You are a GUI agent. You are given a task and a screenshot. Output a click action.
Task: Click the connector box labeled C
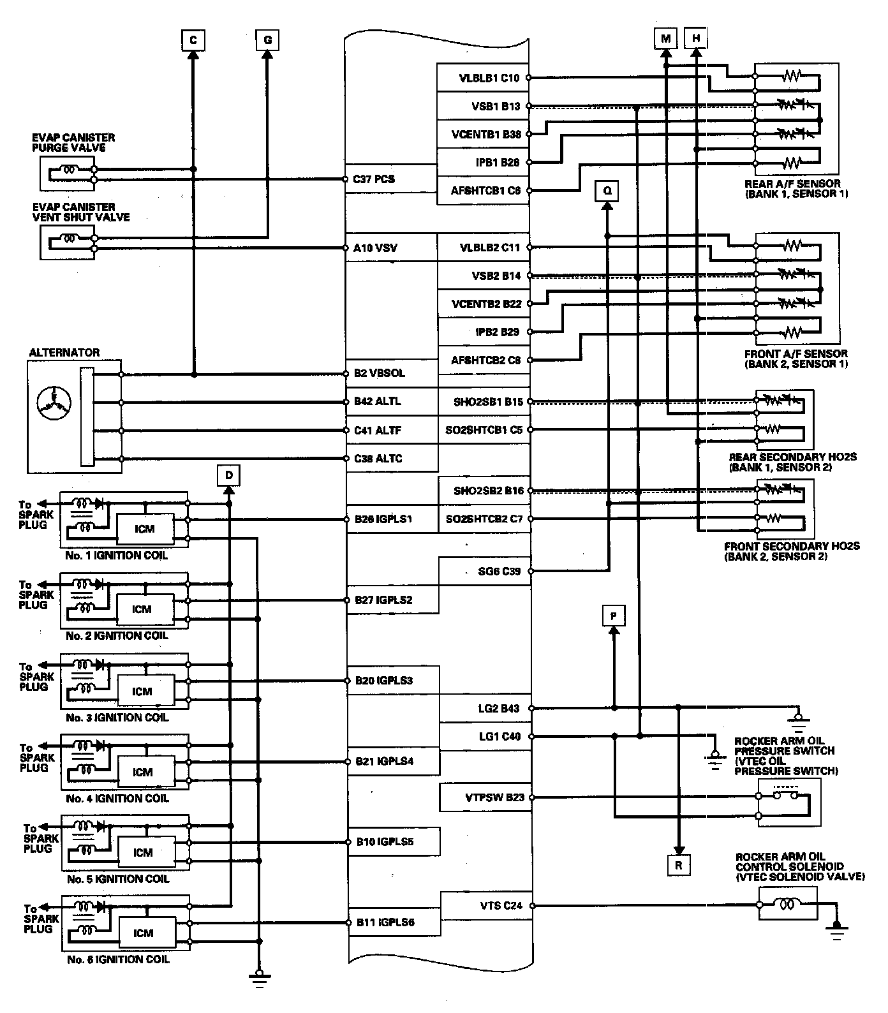click(x=193, y=40)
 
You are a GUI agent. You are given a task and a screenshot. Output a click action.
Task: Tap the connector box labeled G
click(x=267, y=40)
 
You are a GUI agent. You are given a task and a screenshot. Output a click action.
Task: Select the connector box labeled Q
click(x=607, y=190)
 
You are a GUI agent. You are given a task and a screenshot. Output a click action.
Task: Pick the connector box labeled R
click(x=678, y=866)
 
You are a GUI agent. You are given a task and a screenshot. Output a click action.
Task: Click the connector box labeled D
click(x=229, y=475)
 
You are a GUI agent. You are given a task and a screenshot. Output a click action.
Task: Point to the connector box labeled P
click(x=613, y=616)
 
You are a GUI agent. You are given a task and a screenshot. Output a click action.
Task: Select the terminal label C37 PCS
click(x=374, y=179)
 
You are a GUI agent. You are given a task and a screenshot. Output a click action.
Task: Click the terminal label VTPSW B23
click(x=495, y=797)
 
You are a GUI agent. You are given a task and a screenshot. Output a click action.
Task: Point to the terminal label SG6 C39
click(x=500, y=571)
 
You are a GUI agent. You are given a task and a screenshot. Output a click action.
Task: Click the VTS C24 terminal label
click(x=501, y=905)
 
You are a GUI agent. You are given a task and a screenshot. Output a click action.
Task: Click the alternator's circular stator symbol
click(x=54, y=401)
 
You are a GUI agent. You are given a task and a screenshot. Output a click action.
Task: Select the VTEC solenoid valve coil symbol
click(x=788, y=905)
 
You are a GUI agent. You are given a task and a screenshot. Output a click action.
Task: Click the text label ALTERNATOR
click(x=64, y=353)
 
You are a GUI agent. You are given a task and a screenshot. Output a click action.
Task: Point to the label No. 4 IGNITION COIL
click(x=117, y=798)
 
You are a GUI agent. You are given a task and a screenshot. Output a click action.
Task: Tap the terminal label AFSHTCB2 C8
click(x=485, y=360)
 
